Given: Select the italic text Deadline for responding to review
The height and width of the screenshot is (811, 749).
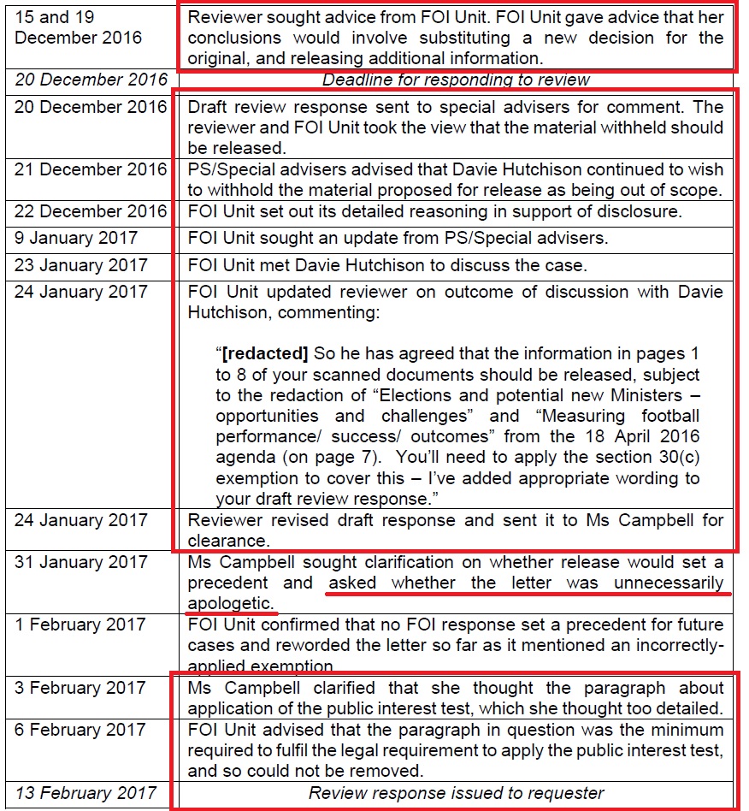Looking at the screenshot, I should coord(456,80).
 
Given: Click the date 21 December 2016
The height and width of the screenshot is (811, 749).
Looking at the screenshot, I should coord(91,169).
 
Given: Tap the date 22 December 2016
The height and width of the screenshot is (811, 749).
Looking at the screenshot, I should coord(91,212).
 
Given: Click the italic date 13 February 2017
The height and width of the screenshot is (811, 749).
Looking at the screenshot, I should coord(86,793).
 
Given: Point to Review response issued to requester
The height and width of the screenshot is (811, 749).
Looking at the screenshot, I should coord(456,793).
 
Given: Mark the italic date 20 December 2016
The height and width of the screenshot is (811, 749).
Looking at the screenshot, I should coord(91,80).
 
